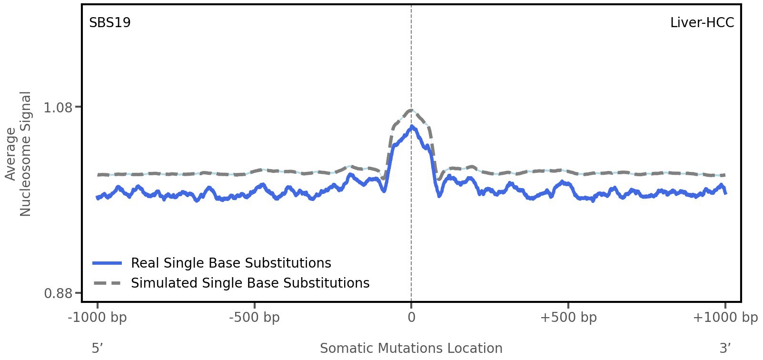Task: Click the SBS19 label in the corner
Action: pos(110,23)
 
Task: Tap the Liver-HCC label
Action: pos(702,23)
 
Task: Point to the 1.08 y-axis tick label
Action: pos(58,108)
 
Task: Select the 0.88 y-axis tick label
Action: pos(58,293)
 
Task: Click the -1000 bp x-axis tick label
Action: pos(98,318)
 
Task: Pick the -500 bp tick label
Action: pos(254,318)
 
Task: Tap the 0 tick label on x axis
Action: pos(411,318)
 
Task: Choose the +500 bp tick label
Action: pos(568,318)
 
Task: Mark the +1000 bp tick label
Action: pos(725,318)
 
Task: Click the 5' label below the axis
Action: pos(98,349)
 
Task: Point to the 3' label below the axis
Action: pos(725,349)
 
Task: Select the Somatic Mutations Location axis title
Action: pos(411,349)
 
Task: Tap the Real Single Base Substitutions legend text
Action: pos(231,263)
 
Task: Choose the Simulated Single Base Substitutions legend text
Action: pos(250,283)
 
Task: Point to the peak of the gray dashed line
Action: pos(411,110)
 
